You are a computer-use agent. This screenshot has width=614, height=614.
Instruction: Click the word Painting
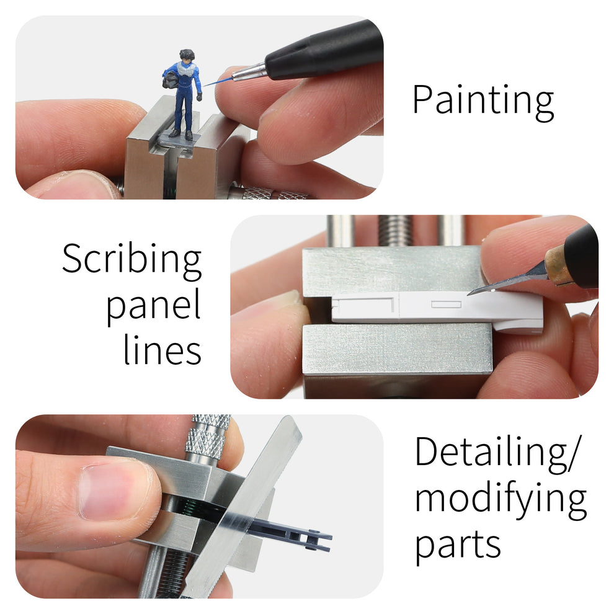pos(483,100)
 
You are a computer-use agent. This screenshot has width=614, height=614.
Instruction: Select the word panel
pos(153,306)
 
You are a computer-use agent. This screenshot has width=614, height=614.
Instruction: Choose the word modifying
pos(500,500)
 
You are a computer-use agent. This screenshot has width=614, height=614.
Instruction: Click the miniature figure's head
pos(187,57)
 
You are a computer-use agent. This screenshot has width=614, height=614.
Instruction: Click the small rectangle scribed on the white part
pos(446,305)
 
